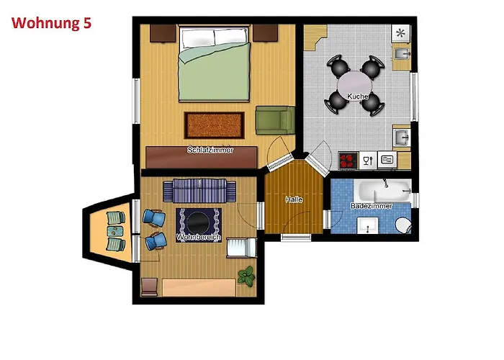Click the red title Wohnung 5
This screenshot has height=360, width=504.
pos(51,23)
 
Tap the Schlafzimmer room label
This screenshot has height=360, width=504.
pos(210,150)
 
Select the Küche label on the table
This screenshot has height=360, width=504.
pos(357,96)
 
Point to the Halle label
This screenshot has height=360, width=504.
pos(294,199)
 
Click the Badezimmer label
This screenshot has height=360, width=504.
pos(372,206)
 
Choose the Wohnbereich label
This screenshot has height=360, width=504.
pos(199,238)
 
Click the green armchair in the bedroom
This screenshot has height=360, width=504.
pos(275,120)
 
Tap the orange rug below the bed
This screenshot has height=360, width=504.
pos(214,125)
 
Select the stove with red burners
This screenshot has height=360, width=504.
pos(348,160)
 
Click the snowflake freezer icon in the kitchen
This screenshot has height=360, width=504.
pos(400,33)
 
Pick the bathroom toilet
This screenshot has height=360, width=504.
pos(404,225)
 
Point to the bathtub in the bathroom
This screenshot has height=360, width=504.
pos(382,191)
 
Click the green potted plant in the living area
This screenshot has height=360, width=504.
pos(246,276)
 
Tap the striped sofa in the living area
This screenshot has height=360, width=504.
pos(199,191)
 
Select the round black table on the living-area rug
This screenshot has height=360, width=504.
pos(199,222)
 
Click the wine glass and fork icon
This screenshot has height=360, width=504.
pos(368,160)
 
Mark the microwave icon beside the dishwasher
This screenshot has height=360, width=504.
pos(387,160)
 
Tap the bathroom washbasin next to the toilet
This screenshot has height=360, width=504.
pos(367,225)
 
